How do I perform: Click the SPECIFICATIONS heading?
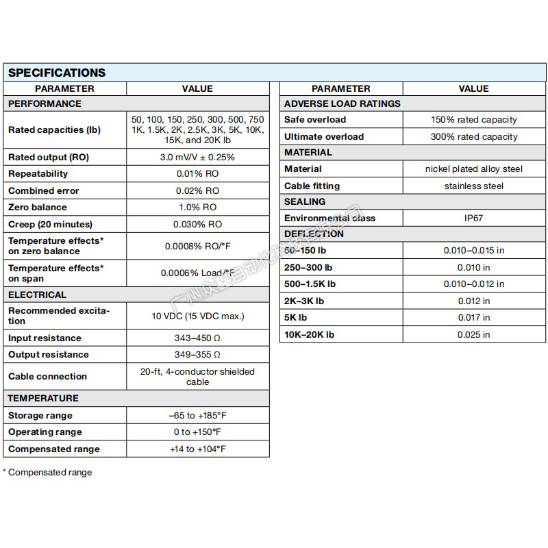click(x=57, y=73)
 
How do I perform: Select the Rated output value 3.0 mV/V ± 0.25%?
click(x=197, y=157)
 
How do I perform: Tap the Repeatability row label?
click(x=38, y=174)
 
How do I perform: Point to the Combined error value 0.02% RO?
click(x=197, y=190)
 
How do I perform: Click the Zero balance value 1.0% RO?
click(x=197, y=207)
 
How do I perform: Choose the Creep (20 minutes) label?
click(x=50, y=224)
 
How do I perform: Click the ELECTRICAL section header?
click(x=37, y=295)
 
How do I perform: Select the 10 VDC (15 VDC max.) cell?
click(x=197, y=316)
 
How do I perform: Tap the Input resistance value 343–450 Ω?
click(x=197, y=338)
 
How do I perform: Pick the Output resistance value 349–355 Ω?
click(x=197, y=354)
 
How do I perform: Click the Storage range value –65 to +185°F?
click(x=197, y=415)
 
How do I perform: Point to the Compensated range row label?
click(x=54, y=449)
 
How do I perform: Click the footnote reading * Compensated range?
click(x=47, y=472)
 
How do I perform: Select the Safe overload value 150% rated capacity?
click(x=474, y=120)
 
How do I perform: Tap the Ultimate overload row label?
click(x=324, y=136)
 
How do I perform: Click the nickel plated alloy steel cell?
click(x=474, y=169)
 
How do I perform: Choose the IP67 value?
click(x=474, y=218)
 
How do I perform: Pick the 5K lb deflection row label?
click(x=296, y=317)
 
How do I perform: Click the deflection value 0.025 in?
click(x=474, y=334)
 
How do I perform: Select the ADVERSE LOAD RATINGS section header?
click(x=342, y=103)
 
